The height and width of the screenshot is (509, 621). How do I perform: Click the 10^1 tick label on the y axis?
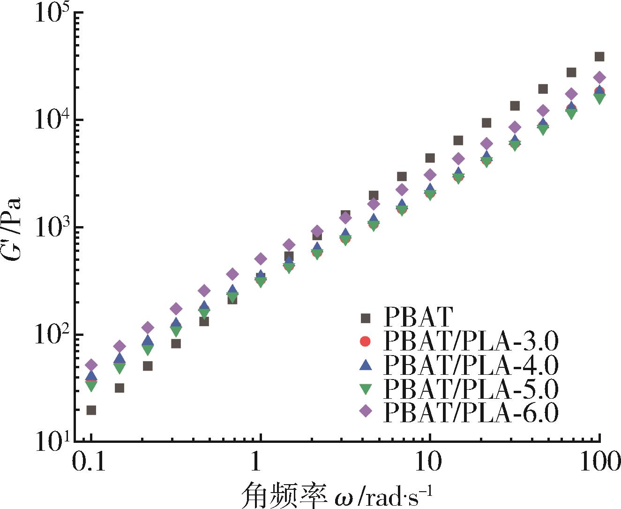coord(52,442)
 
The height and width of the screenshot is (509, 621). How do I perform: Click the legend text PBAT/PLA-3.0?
coord(471,342)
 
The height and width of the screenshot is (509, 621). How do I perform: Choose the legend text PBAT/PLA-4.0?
coord(471,365)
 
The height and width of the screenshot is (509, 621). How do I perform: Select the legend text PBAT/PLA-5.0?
coord(471,388)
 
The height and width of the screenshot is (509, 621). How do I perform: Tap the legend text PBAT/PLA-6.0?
coord(471,411)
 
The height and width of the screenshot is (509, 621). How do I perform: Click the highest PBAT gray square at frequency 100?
coord(599,57)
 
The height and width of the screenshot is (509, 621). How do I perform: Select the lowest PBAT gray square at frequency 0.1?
coord(91,410)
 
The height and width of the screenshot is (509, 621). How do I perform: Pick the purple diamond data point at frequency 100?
coord(599,77)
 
